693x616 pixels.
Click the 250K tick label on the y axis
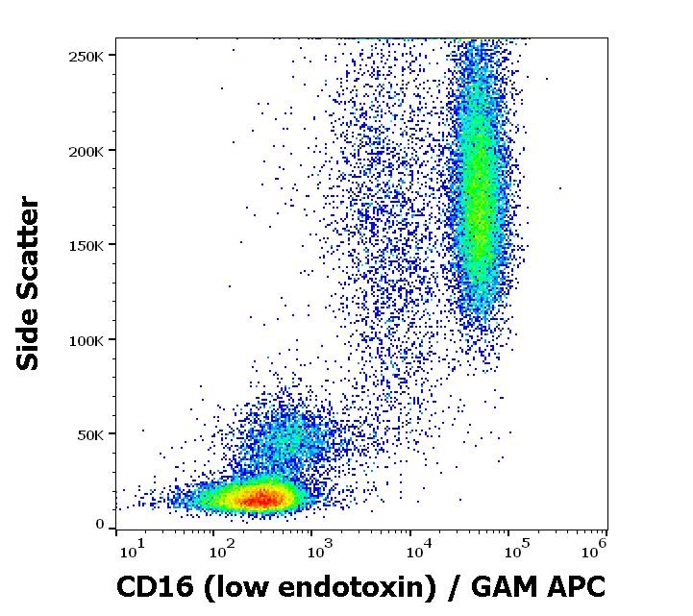[x=87, y=56]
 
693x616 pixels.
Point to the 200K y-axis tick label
[x=87, y=151]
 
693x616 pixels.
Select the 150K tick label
[x=87, y=245]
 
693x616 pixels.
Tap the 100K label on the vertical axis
[x=87, y=340]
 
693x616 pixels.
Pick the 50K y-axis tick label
[x=90, y=434]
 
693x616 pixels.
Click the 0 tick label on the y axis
[x=100, y=525]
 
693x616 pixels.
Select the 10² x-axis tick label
[x=223, y=548]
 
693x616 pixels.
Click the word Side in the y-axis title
[x=30, y=340]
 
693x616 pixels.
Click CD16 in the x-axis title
[x=149, y=586]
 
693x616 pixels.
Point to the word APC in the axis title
[x=573, y=586]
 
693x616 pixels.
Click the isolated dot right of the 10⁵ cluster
[x=559, y=188]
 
